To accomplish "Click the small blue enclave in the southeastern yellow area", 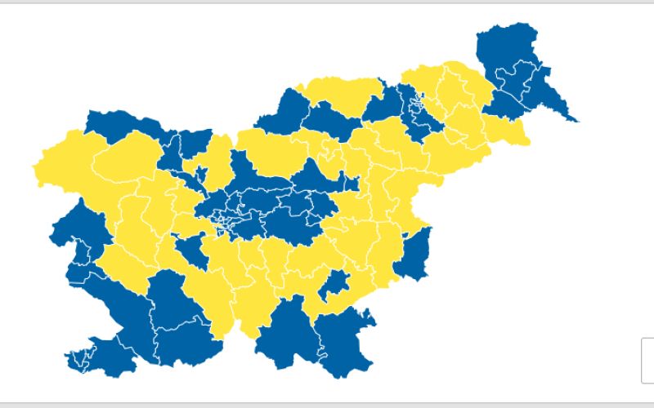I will click(335, 286).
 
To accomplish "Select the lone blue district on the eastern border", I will click(415, 255).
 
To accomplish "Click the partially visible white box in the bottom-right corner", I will click(647, 360).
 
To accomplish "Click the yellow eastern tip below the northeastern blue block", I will click(515, 135).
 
